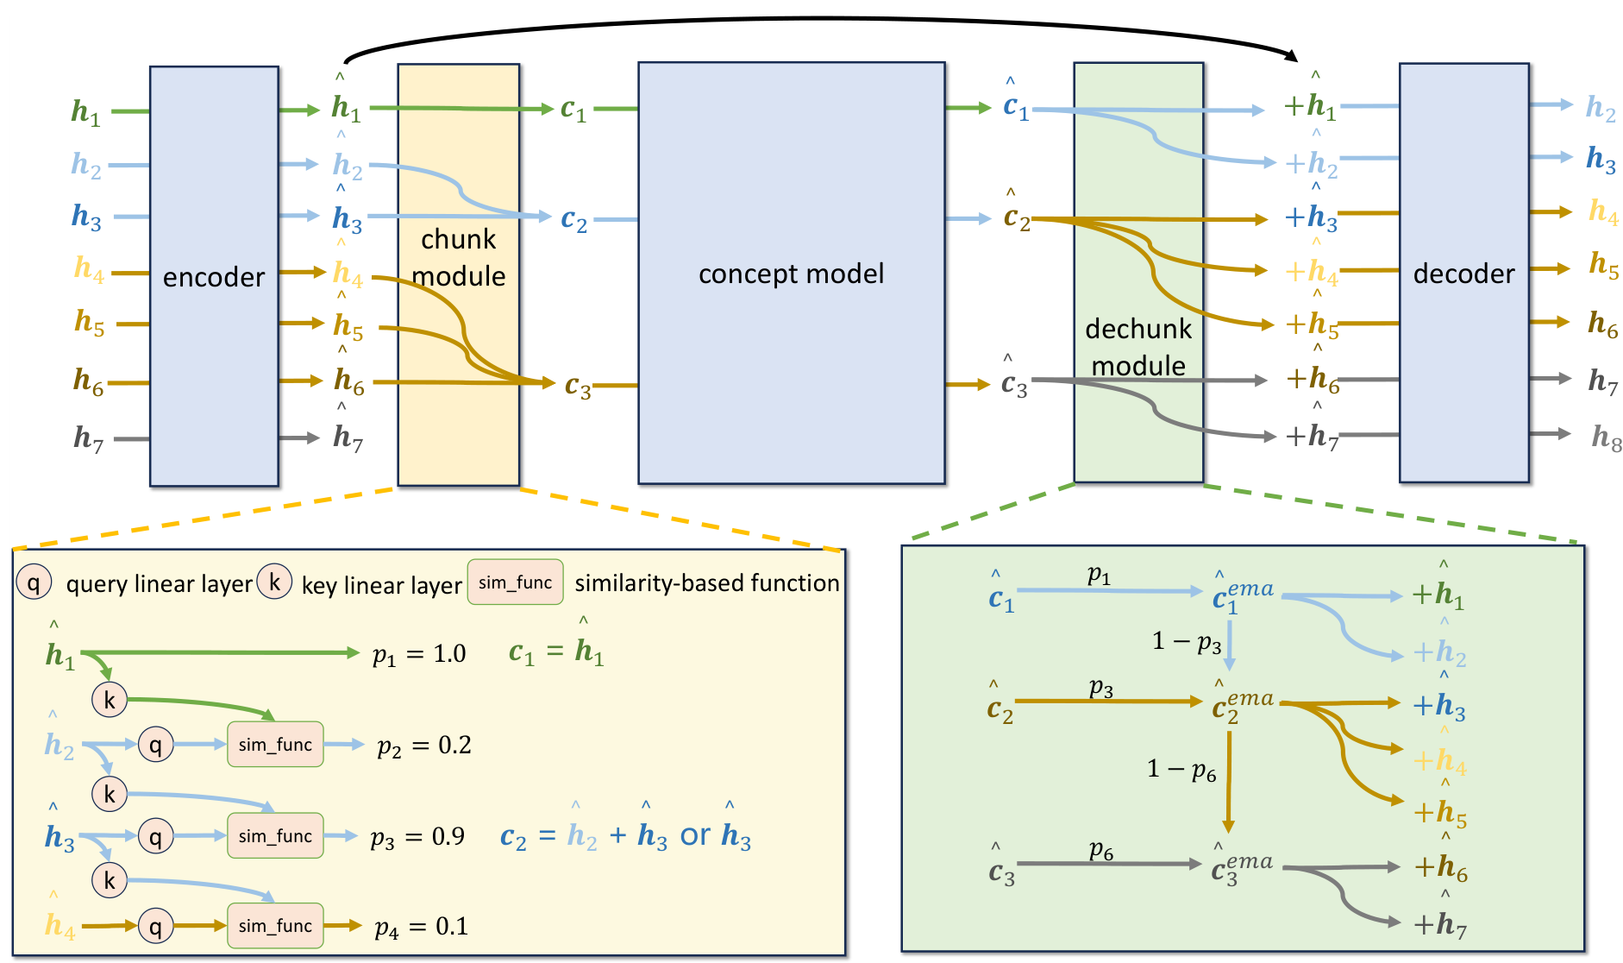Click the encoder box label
214,277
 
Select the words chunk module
459,257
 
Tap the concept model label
791,274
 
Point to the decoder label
1463,274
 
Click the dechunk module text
1138,347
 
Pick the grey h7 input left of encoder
88,438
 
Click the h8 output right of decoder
1606,437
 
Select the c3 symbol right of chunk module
578,386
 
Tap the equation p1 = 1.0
419,654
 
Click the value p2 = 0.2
424,746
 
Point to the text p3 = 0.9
418,837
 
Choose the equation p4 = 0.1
422,927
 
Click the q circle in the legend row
34,583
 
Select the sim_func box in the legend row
515,582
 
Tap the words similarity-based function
706,583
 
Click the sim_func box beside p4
275,926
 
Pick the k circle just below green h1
110,700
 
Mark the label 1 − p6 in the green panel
1181,769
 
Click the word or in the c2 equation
695,835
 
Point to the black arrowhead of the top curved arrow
1292,56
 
